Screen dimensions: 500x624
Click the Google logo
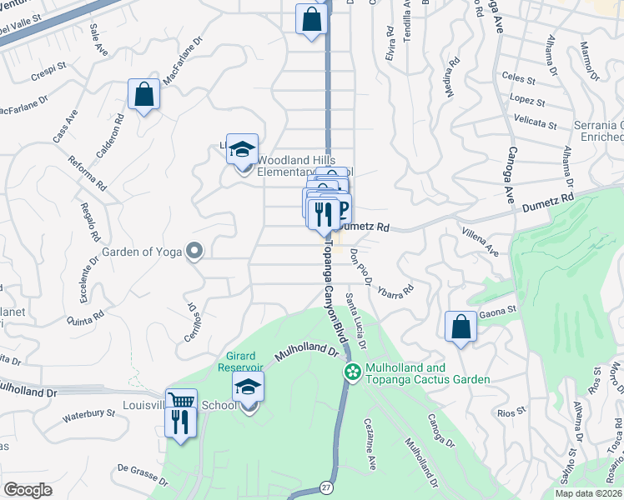tap(28, 490)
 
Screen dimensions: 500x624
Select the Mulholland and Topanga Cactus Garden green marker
tap(352, 372)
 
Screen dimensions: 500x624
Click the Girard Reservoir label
tap(240, 361)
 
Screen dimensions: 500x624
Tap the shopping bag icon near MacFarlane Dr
tap(143, 95)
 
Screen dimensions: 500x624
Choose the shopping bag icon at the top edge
tap(310, 20)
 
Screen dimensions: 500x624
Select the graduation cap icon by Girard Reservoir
tap(248, 387)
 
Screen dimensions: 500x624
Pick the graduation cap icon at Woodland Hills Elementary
tap(242, 150)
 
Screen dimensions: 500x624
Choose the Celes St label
tap(517, 77)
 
